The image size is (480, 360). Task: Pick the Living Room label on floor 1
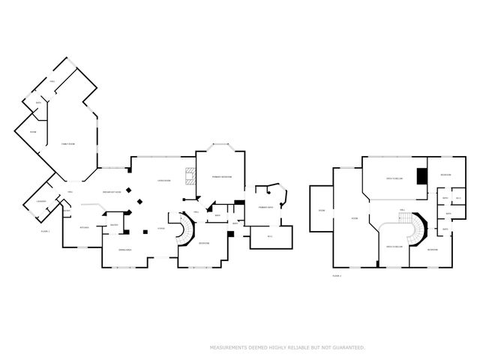(163, 181)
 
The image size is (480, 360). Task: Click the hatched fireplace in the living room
(190, 177)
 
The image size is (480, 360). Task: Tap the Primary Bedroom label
(221, 177)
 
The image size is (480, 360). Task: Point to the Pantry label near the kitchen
(114, 225)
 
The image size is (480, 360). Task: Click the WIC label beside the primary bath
(269, 238)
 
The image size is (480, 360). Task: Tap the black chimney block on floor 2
(422, 176)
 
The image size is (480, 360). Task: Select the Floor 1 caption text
(45, 231)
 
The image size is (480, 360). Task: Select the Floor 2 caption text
(337, 276)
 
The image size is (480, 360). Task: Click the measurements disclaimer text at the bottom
(287, 347)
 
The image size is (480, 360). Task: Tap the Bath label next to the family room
(37, 103)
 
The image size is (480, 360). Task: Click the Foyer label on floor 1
(160, 229)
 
